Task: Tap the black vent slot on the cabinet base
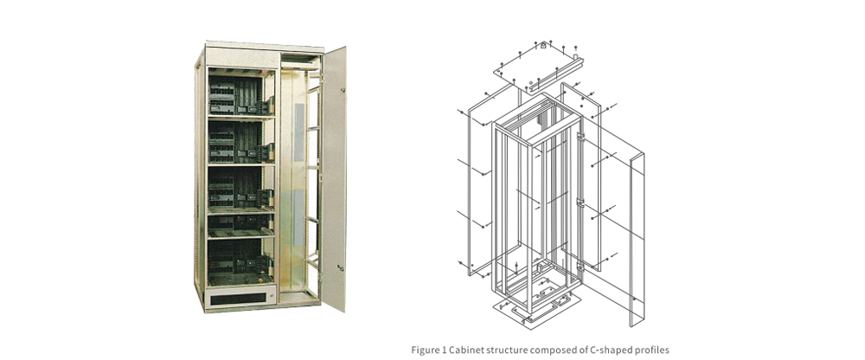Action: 238,296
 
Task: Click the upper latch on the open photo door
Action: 342,89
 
